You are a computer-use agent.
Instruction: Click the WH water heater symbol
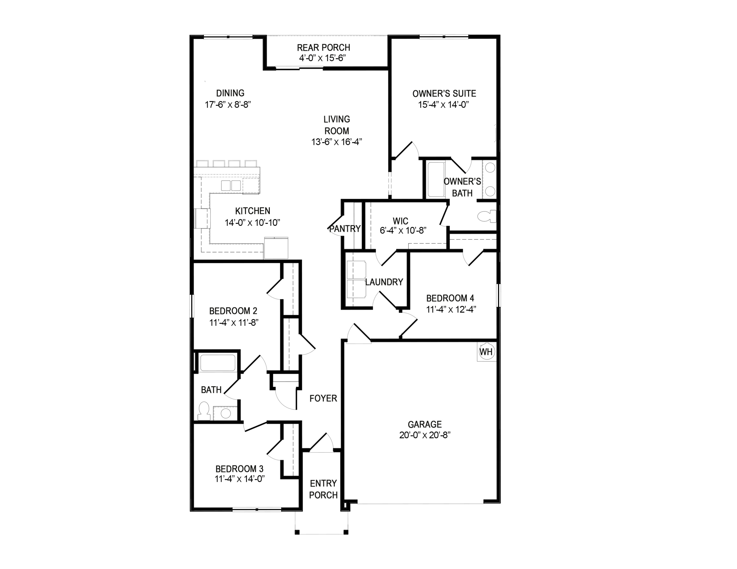point(486,352)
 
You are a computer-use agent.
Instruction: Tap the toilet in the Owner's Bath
point(487,216)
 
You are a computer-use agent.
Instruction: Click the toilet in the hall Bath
point(204,410)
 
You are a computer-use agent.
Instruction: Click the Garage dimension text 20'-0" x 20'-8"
point(425,436)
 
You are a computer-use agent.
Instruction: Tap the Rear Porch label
point(324,47)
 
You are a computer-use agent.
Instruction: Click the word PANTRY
point(345,229)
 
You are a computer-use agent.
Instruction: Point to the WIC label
point(400,221)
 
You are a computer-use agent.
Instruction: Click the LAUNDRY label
point(384,282)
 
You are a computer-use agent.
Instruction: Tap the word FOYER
point(323,398)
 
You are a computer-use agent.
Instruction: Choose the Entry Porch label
point(323,489)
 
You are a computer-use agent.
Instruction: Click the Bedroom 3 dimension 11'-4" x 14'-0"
point(240,479)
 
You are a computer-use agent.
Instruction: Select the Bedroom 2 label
point(233,311)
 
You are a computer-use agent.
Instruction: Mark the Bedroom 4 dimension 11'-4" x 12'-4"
point(451,310)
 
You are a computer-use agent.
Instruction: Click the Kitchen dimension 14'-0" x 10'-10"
point(253,223)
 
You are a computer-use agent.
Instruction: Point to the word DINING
point(231,93)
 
